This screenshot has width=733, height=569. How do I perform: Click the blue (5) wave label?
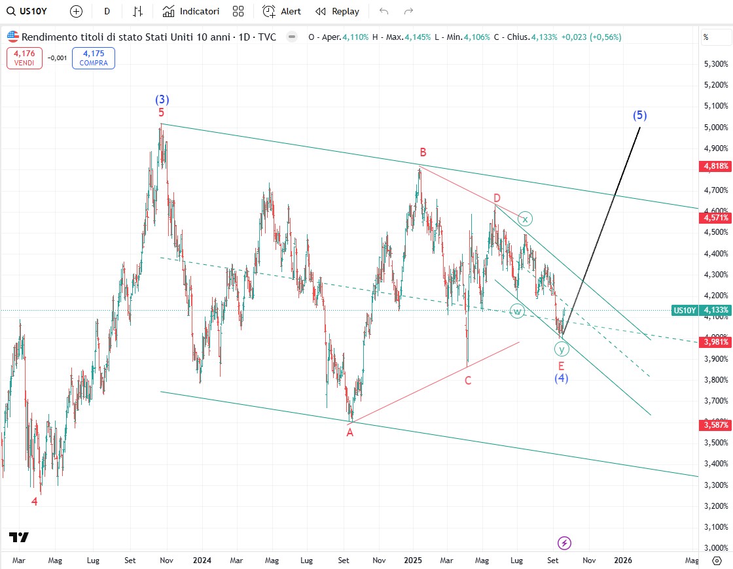(x=639, y=116)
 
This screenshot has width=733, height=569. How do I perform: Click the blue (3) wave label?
(x=162, y=100)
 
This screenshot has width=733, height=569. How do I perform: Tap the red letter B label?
(x=423, y=152)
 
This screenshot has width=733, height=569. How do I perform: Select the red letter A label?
(x=350, y=432)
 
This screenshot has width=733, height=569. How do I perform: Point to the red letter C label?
(x=468, y=380)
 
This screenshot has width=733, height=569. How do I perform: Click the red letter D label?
(x=497, y=198)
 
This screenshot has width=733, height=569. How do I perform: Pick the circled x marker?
(x=524, y=219)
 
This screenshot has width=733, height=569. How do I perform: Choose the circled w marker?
(x=517, y=311)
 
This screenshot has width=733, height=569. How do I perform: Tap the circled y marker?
(x=561, y=349)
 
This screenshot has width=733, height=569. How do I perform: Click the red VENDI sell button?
(x=24, y=58)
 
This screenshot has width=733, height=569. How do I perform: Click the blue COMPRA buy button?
(x=94, y=58)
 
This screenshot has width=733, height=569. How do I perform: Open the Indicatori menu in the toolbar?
(x=191, y=11)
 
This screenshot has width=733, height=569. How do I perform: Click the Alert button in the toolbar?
(x=282, y=11)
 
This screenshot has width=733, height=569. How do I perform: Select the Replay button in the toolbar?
(x=337, y=11)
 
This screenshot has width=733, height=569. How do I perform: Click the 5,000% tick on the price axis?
(x=715, y=127)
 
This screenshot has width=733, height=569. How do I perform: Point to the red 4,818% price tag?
(x=715, y=166)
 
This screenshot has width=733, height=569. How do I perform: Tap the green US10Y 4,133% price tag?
(x=700, y=310)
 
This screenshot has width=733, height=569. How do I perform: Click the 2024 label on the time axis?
(x=202, y=560)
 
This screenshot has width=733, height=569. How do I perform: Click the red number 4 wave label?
(x=35, y=502)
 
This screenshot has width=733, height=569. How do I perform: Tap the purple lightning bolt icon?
(x=564, y=542)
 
